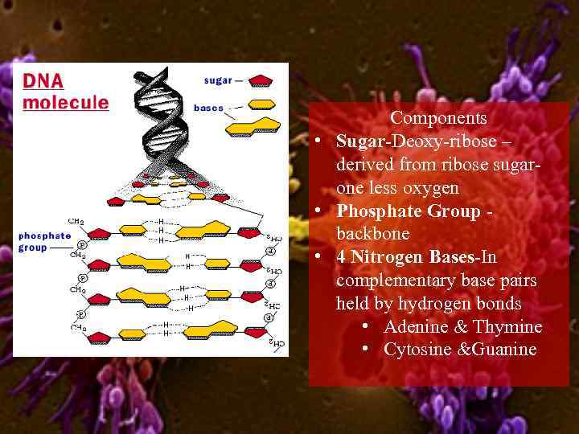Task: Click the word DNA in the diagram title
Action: pyautogui.click(x=43, y=82)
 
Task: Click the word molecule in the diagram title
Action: pyautogui.click(x=65, y=102)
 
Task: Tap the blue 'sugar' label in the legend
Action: pyautogui.click(x=218, y=80)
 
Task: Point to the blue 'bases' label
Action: pyautogui.click(x=209, y=108)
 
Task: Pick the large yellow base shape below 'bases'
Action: pyautogui.click(x=254, y=125)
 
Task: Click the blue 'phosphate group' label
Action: pyautogui.click(x=45, y=241)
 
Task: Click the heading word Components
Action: pyautogui.click(x=438, y=118)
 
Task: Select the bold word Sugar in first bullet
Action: pyautogui.click(x=361, y=141)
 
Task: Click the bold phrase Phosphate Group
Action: pyautogui.click(x=409, y=211)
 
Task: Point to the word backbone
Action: pyautogui.click(x=373, y=235)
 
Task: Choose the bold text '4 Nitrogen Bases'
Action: pyautogui.click(x=406, y=258)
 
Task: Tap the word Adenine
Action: pyautogui.click(x=415, y=327)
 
